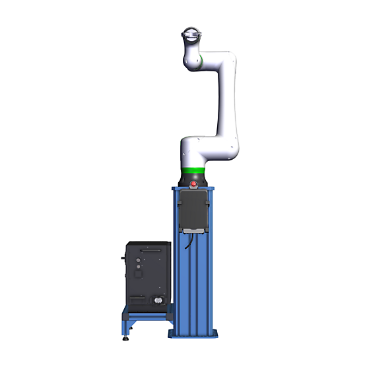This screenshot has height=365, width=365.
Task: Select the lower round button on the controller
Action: (139, 270)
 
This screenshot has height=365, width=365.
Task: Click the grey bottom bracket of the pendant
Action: (193, 230)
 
